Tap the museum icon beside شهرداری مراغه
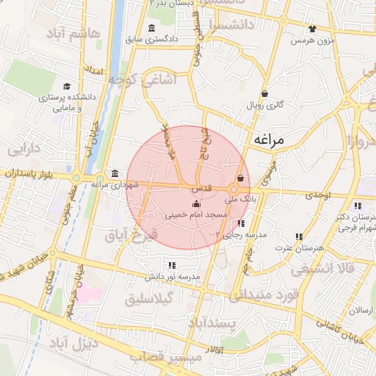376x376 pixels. click(115, 173)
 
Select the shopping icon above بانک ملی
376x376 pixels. click(241, 178)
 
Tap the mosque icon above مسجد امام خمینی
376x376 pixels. click(195, 204)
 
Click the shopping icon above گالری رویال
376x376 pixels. click(264, 93)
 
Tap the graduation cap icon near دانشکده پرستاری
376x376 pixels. click(67, 87)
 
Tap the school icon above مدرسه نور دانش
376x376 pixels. click(172, 265)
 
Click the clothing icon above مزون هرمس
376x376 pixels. click(313, 29)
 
